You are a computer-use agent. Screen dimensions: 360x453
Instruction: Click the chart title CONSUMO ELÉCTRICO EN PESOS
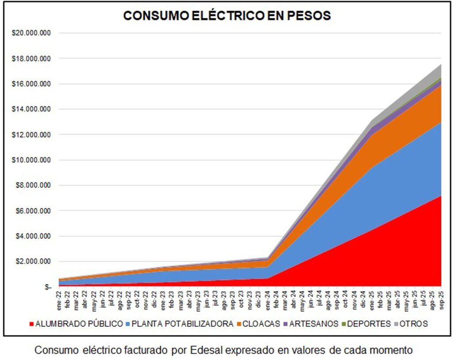pos(227,16)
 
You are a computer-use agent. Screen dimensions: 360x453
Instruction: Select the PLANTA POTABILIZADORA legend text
pos(183,324)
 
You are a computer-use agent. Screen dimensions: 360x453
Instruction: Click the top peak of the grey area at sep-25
pos(441,65)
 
